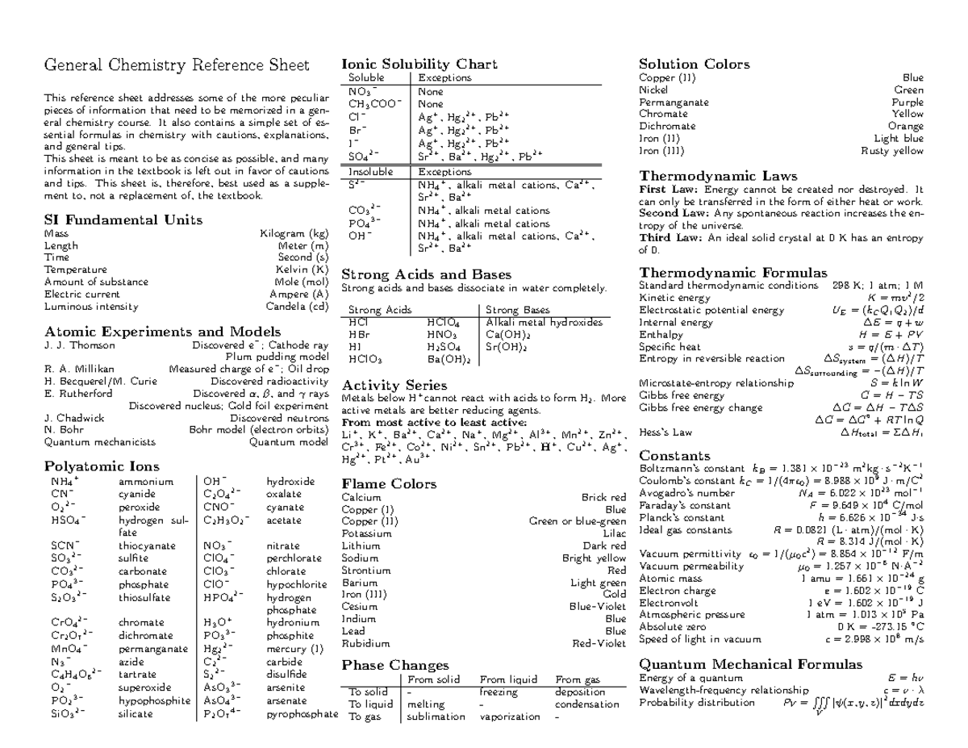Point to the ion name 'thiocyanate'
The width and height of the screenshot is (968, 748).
click(x=148, y=545)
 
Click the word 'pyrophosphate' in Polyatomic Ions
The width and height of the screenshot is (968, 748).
click(x=302, y=714)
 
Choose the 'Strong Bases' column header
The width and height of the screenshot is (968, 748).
click(x=517, y=310)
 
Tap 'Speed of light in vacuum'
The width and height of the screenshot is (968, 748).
click(x=699, y=639)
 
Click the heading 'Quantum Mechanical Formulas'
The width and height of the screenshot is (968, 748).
click(x=750, y=664)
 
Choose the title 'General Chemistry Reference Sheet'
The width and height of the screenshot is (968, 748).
click(x=176, y=65)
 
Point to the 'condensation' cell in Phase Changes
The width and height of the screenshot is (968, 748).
click(x=587, y=704)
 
